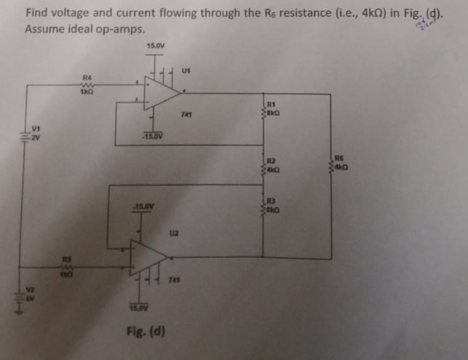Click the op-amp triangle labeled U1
point(161,93)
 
